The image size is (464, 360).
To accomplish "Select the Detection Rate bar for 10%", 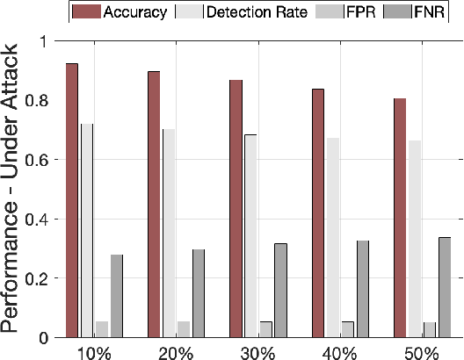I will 87,230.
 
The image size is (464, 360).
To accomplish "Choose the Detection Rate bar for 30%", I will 251,235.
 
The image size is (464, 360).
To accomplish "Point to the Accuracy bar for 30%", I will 236,208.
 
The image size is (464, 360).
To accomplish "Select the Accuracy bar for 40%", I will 318,212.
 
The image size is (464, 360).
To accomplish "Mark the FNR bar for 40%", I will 363,289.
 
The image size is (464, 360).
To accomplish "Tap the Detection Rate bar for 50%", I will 415,239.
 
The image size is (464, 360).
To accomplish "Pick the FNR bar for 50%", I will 445,287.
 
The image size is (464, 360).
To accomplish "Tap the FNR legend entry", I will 424,12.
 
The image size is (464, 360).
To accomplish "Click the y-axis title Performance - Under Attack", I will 11,189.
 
